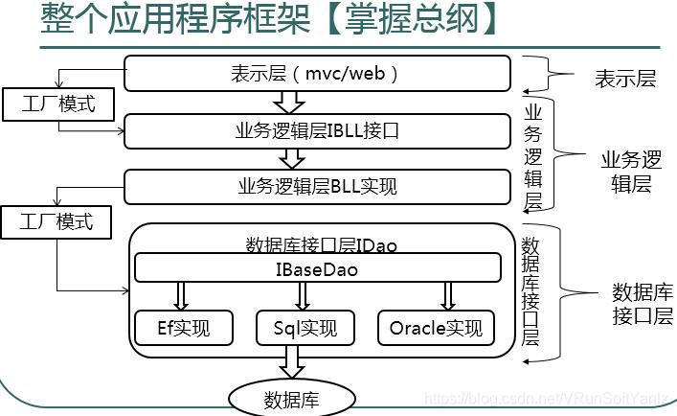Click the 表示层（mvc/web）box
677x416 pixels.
(x=317, y=74)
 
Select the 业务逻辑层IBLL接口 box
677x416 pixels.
(x=317, y=131)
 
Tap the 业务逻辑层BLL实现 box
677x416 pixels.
(x=317, y=187)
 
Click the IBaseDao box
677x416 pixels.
(x=318, y=267)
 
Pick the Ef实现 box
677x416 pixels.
(x=184, y=328)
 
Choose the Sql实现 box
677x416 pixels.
(x=305, y=328)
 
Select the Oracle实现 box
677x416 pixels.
(x=436, y=328)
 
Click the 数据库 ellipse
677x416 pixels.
(x=291, y=400)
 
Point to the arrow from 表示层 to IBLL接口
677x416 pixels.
(x=289, y=103)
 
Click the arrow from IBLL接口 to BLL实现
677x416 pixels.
(x=292, y=159)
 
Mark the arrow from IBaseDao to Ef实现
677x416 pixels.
(x=181, y=296)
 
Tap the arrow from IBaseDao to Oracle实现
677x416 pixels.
(x=448, y=296)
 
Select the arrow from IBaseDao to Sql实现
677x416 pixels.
(x=303, y=296)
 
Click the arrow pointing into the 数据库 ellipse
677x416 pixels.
(x=292, y=362)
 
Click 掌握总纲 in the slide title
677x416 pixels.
(x=412, y=19)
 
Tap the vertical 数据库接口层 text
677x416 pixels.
(x=530, y=291)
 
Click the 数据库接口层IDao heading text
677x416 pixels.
(x=321, y=245)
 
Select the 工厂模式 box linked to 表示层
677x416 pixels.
(x=58, y=104)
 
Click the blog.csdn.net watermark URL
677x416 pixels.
(x=546, y=399)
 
